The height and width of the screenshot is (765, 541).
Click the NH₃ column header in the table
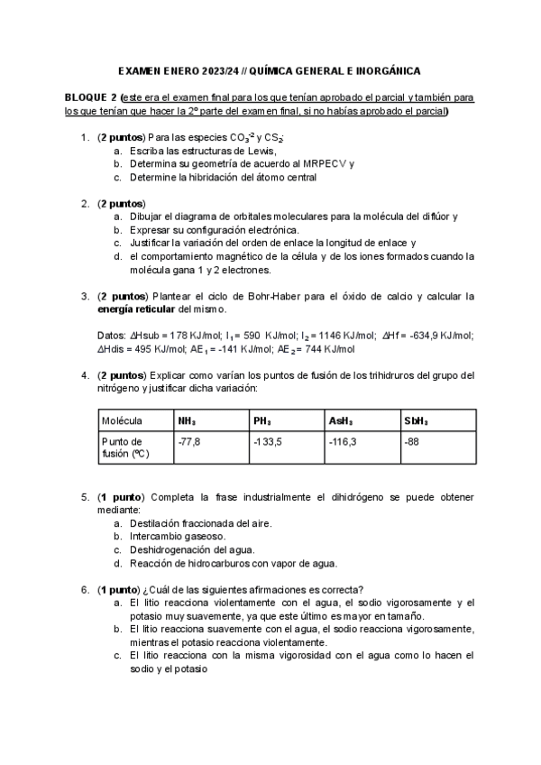(188, 420)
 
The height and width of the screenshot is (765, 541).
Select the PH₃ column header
(263, 420)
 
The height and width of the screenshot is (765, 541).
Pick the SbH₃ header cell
(417, 420)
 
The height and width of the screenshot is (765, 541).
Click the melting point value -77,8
(189, 441)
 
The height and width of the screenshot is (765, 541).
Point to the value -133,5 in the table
(269, 441)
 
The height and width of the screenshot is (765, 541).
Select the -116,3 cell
(344, 441)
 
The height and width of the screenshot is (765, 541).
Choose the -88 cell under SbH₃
(414, 441)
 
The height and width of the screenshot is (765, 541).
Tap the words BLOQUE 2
(91, 97)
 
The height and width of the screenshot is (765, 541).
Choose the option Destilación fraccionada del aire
(200, 523)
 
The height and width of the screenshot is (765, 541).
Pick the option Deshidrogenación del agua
(192, 549)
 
